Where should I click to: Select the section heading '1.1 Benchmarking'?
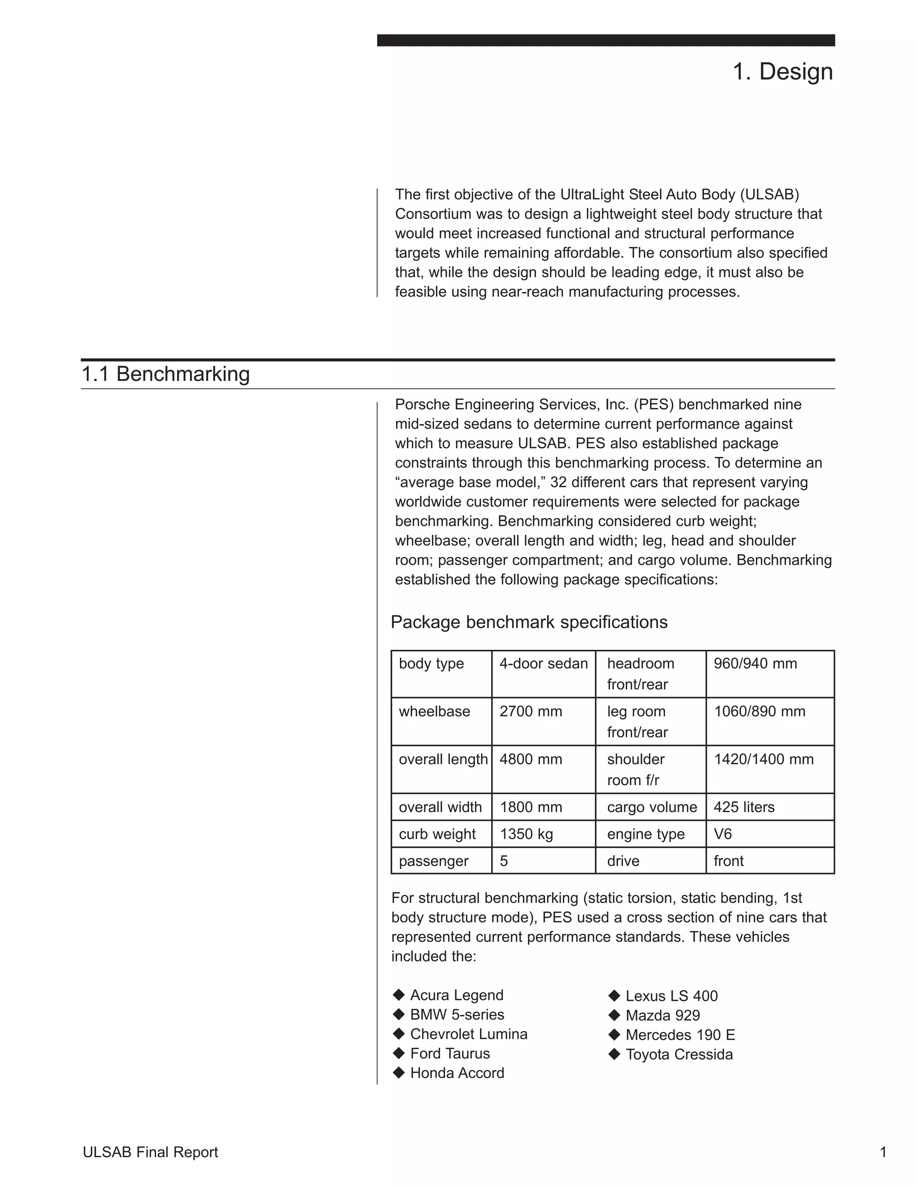pyautogui.click(x=165, y=374)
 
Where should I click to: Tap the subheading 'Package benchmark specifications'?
pyautogui.click(x=529, y=622)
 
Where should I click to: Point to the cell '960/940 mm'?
pyautogui.click(x=755, y=664)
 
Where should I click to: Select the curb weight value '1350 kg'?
pyautogui.click(x=526, y=834)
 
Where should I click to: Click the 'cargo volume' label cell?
pyautogui.click(x=652, y=807)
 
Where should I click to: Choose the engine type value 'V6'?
pyautogui.click(x=722, y=834)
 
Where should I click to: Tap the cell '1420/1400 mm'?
pyautogui.click(x=763, y=759)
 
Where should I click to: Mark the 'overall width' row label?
pyautogui.click(x=440, y=807)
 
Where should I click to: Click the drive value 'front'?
pyautogui.click(x=728, y=861)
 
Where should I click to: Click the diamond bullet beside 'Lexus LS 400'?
pyautogui.click(x=614, y=995)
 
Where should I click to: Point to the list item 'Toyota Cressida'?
pyautogui.click(x=679, y=1054)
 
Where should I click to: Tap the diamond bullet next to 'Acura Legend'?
pyautogui.click(x=399, y=995)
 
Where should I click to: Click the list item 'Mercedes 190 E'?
pyautogui.click(x=680, y=1035)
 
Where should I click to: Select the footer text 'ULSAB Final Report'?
pyautogui.click(x=150, y=1152)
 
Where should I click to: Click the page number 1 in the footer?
pyautogui.click(x=883, y=1152)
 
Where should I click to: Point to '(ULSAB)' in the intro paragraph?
pyautogui.click(x=769, y=194)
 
